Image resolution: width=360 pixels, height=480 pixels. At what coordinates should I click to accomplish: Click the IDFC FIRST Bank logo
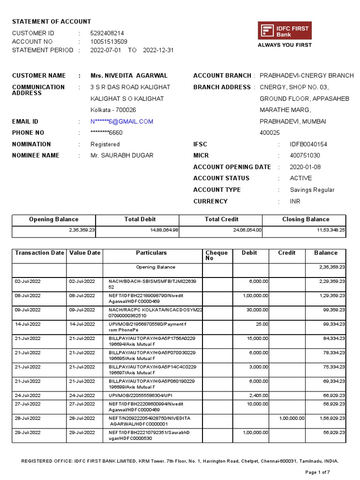(x=285, y=31)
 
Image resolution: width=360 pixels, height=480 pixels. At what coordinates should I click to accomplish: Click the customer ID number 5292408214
(x=107, y=33)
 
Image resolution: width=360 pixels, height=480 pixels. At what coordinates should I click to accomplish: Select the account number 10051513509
(x=109, y=42)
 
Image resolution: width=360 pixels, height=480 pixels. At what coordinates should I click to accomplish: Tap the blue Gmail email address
(x=122, y=121)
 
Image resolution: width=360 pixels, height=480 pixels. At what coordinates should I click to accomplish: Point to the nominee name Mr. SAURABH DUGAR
(x=122, y=156)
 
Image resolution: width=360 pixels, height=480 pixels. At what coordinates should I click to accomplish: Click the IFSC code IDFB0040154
(x=308, y=144)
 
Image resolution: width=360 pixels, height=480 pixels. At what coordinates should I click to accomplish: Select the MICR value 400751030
(x=305, y=156)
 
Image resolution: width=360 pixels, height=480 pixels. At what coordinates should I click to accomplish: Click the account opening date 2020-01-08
(x=306, y=167)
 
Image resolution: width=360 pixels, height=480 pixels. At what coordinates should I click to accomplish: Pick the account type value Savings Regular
(x=312, y=190)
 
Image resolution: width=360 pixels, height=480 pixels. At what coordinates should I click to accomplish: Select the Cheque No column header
(x=217, y=255)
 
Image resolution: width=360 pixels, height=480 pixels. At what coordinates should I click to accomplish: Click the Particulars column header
(x=151, y=253)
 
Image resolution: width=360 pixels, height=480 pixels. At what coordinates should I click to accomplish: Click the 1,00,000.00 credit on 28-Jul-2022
(x=292, y=418)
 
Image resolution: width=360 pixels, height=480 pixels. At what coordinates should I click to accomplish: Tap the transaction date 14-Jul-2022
(x=28, y=324)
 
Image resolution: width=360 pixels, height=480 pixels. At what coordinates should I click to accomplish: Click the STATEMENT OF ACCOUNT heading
(x=52, y=22)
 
